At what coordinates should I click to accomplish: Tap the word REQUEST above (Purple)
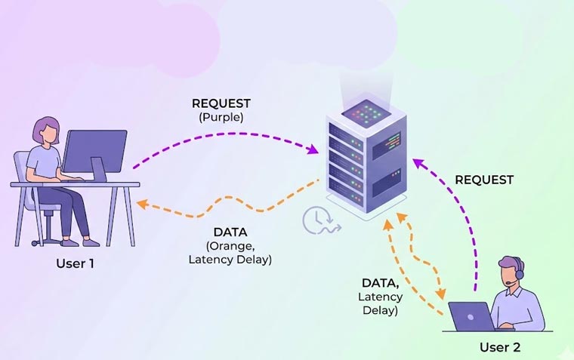(x=220, y=104)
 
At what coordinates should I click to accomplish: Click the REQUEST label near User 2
(x=484, y=180)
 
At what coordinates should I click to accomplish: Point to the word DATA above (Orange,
(x=230, y=233)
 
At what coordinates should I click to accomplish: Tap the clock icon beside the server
(x=316, y=220)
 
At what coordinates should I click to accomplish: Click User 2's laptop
(x=471, y=316)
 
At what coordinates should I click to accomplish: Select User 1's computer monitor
(x=94, y=151)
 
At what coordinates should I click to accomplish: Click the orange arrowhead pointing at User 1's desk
(x=141, y=202)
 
